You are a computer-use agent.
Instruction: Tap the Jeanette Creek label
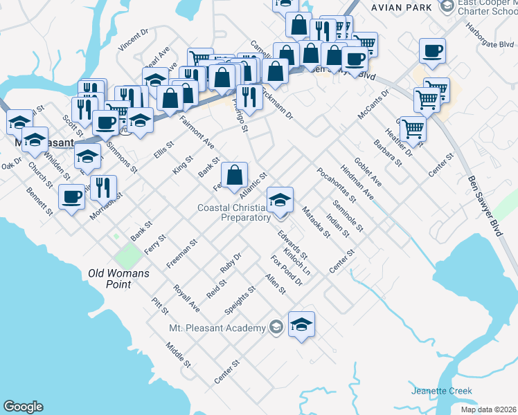click(x=441, y=391)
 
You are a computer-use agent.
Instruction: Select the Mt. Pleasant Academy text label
click(x=217, y=328)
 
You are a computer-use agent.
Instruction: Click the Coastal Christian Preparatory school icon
click(x=280, y=201)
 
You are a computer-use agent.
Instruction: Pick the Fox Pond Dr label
click(x=287, y=270)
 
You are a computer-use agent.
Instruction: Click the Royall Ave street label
click(x=186, y=299)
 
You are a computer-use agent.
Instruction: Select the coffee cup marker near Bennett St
click(x=72, y=197)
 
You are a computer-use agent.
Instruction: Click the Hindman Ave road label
click(x=357, y=183)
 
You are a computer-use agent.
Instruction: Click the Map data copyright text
click(x=488, y=409)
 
